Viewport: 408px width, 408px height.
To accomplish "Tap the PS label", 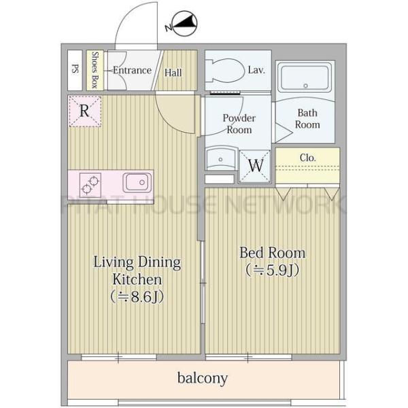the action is click(75, 69).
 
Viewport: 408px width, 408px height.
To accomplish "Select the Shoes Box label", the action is click(95, 70).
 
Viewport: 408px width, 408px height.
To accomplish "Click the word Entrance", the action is click(132, 70).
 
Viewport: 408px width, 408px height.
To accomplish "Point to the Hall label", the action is click(173, 73).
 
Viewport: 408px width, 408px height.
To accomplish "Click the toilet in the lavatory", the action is click(225, 71).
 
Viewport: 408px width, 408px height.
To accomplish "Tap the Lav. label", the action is click(256, 70).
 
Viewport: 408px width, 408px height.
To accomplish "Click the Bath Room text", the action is click(307, 118).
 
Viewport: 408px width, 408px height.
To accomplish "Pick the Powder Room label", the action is click(239, 124).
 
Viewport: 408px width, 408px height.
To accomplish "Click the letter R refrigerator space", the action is click(85, 111).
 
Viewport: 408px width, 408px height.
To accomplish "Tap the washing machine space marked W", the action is click(255, 165).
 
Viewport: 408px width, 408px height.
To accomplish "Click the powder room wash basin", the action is click(221, 158).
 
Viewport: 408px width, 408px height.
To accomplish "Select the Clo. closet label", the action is click(307, 158).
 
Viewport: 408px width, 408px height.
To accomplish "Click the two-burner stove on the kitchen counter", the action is click(90, 185).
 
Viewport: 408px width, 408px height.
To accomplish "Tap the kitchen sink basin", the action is click(137, 182).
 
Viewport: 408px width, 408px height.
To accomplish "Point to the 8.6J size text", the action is click(137, 296).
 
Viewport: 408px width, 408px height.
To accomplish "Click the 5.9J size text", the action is click(273, 270).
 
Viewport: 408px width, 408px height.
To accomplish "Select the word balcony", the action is click(203, 378).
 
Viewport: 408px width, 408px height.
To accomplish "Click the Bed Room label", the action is click(273, 253).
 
